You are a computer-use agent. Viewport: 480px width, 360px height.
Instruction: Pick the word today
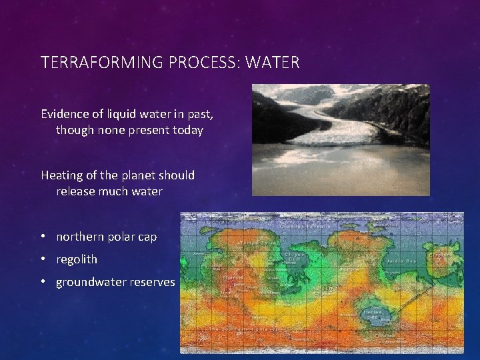[187, 130]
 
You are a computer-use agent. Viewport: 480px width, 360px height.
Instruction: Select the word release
[76, 192]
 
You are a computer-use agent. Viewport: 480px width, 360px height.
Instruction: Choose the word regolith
[77, 259]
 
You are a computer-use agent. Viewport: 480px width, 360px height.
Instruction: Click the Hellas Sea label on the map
[371, 313]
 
